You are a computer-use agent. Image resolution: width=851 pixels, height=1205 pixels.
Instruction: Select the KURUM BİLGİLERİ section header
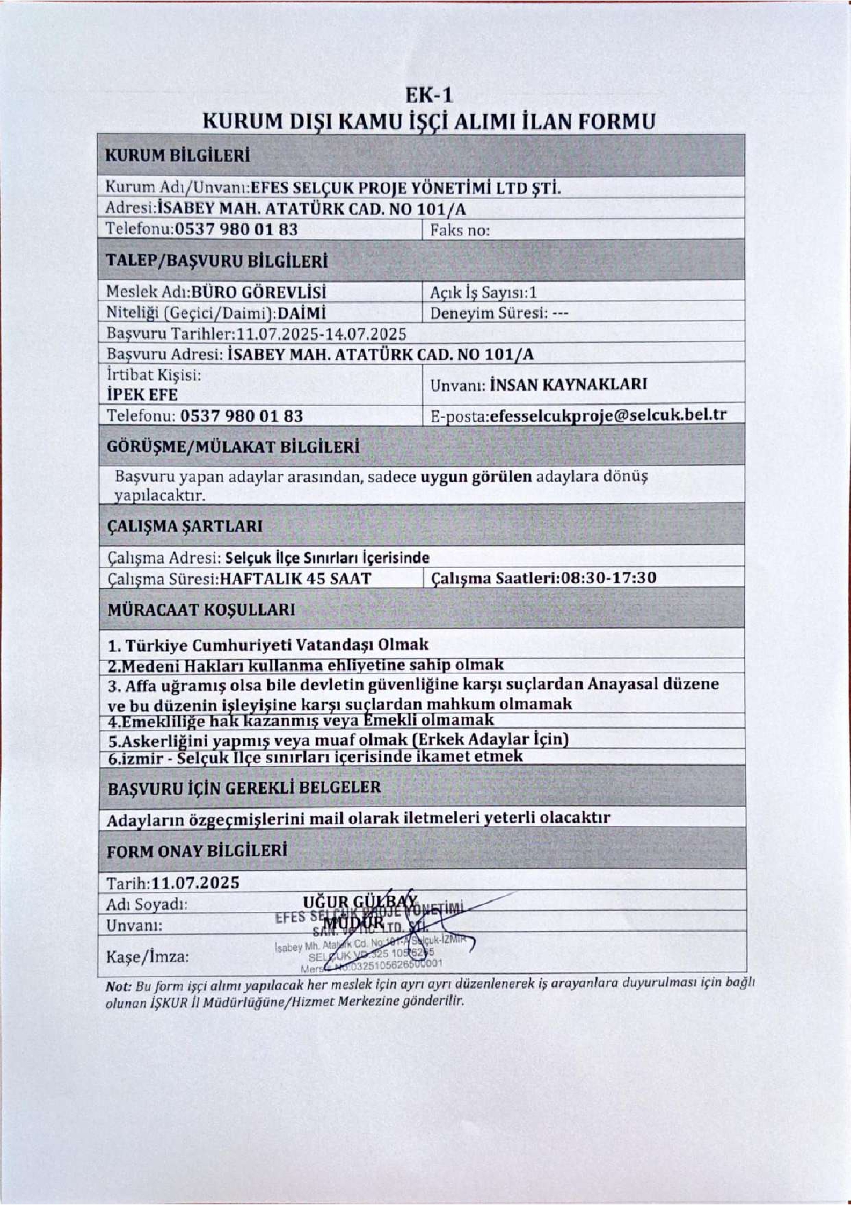tap(177, 155)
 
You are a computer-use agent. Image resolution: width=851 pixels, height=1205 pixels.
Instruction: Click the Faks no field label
tap(460, 230)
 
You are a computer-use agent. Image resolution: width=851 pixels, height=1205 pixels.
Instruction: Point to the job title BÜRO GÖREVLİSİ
tap(259, 292)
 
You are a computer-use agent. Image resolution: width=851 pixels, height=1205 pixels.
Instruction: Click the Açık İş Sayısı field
tap(483, 292)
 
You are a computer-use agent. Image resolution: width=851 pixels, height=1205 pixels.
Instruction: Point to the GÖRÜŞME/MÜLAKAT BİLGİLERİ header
tap(233, 447)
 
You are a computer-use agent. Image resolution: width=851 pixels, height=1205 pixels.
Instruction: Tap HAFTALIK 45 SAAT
tap(295, 578)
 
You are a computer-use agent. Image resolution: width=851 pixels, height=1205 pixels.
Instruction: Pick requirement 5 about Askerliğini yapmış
tap(338, 739)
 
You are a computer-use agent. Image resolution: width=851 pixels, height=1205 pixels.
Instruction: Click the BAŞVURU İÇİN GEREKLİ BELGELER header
tap(244, 788)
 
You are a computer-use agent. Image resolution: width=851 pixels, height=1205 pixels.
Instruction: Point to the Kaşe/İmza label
tap(147, 957)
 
